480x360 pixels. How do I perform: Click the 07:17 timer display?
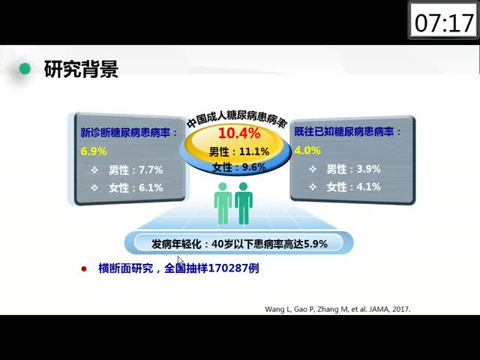pyautogui.click(x=443, y=23)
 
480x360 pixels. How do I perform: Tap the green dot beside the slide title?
pyautogui.click(x=25, y=68)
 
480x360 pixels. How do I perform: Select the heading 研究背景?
pyautogui.click(x=81, y=69)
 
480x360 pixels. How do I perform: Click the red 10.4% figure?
pyautogui.click(x=239, y=133)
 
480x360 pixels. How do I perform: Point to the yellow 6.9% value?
pyautogui.click(x=94, y=151)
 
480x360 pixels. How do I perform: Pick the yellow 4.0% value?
pyautogui.click(x=307, y=151)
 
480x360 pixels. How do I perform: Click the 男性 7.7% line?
pyautogui.click(x=136, y=170)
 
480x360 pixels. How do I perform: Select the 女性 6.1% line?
pyautogui.click(x=136, y=187)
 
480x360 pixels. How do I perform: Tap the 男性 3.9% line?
pyautogui.click(x=353, y=169)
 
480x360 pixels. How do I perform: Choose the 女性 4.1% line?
pyautogui.click(x=353, y=187)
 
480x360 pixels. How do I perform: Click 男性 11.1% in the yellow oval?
pyautogui.click(x=239, y=151)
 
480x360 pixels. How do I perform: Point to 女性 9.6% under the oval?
pyautogui.click(x=239, y=167)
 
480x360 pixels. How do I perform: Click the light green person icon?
pyautogui.click(x=223, y=203)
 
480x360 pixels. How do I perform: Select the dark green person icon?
pyautogui.click(x=244, y=203)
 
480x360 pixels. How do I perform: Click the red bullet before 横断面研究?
pyautogui.click(x=84, y=269)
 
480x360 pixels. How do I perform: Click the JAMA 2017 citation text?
pyautogui.click(x=337, y=309)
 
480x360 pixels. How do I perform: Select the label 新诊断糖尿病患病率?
pyautogui.click(x=125, y=133)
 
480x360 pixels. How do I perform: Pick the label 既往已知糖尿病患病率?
pyautogui.click(x=343, y=132)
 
